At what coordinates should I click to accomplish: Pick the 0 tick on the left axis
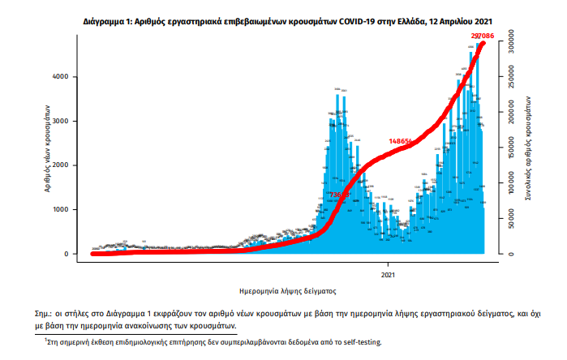[x=64, y=254]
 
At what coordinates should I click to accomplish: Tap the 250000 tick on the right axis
[x=512, y=72]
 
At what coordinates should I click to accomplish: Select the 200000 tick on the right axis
[x=512, y=109]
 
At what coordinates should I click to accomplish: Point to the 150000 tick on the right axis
[x=512, y=145]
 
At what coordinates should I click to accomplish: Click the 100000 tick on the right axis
[x=512, y=182]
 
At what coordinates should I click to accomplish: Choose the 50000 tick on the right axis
[x=512, y=219]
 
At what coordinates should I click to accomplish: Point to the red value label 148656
[x=402, y=141]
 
